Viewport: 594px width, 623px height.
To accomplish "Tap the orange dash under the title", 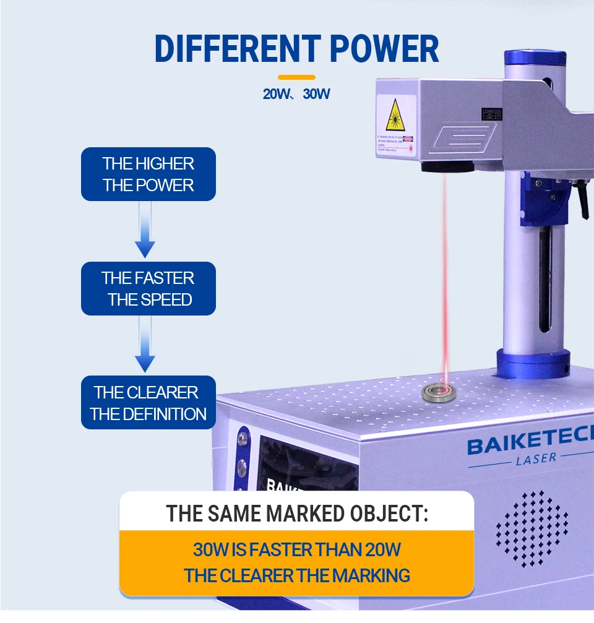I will [296, 77].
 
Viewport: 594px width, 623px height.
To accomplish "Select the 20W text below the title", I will [277, 95].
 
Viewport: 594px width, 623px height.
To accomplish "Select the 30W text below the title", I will [316, 95].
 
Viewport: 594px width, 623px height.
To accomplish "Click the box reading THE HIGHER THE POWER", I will [148, 174].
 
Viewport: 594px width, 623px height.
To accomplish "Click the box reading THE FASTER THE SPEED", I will [148, 288].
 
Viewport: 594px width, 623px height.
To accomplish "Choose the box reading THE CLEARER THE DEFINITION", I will [148, 403].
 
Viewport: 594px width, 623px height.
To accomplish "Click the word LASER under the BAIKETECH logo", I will [536, 458].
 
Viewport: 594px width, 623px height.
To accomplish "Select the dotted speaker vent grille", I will [532, 529].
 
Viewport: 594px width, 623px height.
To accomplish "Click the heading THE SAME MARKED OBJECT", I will [297, 513].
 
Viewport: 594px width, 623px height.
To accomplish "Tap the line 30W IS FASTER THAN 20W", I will [297, 549].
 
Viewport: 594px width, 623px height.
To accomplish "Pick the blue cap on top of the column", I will [535, 58].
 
